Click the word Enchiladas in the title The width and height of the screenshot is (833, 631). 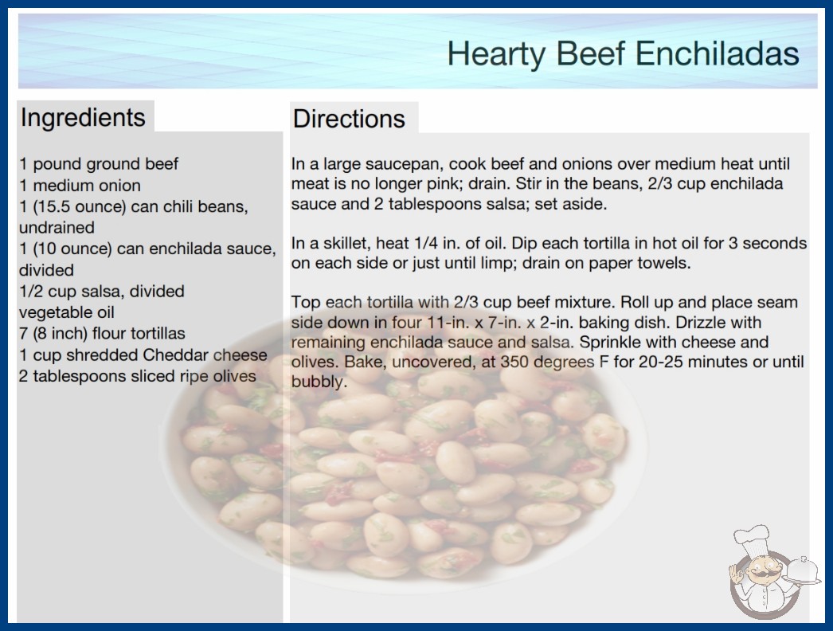[x=718, y=53]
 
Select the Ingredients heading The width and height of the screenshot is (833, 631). [x=83, y=117]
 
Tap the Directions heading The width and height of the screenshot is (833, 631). [x=349, y=119]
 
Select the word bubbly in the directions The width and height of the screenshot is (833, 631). [x=317, y=382]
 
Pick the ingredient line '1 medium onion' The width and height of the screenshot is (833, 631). [x=80, y=186]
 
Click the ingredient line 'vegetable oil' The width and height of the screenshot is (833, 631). [x=67, y=312]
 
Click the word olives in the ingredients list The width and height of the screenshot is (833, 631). [x=234, y=376]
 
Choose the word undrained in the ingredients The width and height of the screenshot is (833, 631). [x=57, y=228]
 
